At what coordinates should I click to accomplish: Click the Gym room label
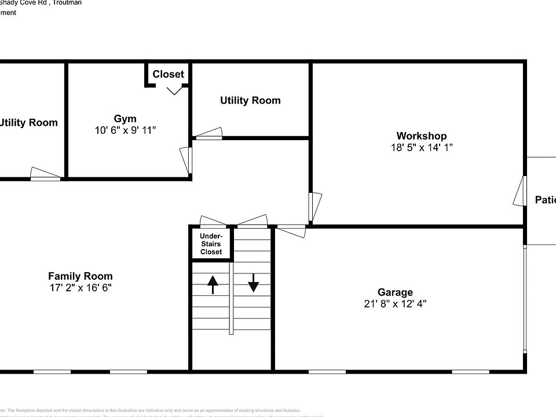[125, 119]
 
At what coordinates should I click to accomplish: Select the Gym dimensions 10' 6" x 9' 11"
[125, 130]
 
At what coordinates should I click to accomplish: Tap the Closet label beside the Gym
[168, 74]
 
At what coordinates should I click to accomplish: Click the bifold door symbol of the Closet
[174, 90]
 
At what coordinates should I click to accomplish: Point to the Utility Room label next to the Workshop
[250, 100]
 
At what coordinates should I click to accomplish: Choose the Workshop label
[421, 137]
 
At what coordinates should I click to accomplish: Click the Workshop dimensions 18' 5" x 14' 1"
[421, 148]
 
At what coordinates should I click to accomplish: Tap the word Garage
[395, 292]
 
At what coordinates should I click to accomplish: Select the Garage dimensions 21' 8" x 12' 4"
[395, 303]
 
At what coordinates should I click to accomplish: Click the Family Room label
[80, 276]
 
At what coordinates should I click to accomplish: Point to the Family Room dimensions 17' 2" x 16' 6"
[80, 287]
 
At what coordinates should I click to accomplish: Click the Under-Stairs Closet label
[211, 244]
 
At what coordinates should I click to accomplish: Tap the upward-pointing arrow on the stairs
[212, 284]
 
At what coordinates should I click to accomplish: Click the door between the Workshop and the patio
[520, 191]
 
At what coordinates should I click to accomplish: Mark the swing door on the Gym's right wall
[186, 160]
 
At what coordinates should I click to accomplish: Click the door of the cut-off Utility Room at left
[45, 174]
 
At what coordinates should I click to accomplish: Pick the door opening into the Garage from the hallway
[291, 230]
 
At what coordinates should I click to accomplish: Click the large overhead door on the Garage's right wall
[525, 298]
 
